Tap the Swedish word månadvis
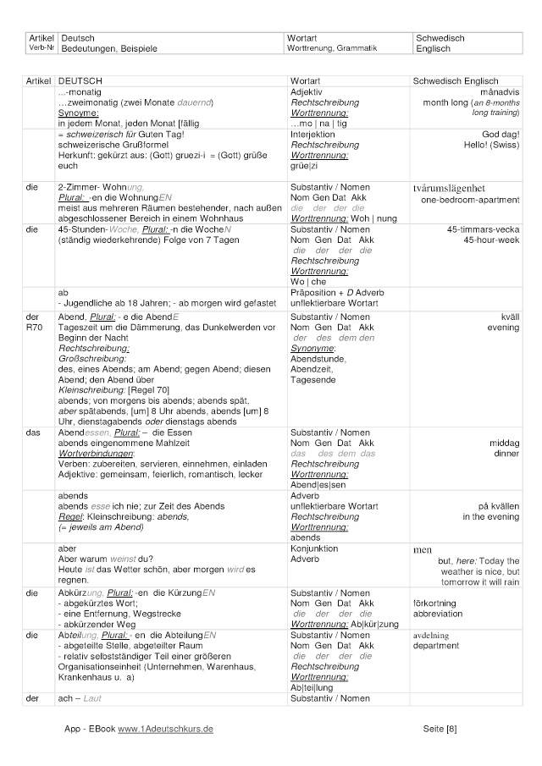coord(499,91)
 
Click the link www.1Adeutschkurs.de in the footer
coord(165,728)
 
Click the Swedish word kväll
coord(510,317)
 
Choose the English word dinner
coord(508,453)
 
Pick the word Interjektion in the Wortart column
coord(312,135)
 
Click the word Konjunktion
coord(314,548)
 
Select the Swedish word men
coord(422,549)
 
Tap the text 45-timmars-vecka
coord(484,229)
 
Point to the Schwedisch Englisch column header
coord(455,80)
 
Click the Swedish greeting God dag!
coord(501,135)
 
